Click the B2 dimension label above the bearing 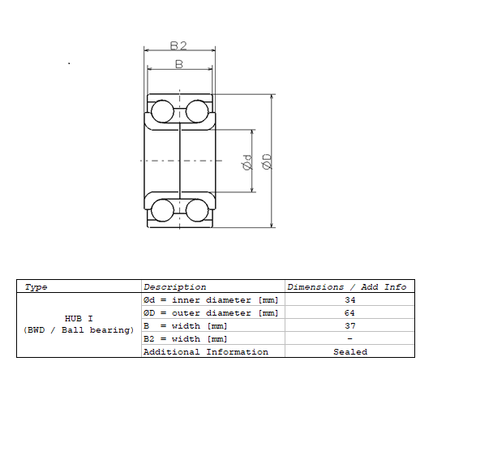(179, 45)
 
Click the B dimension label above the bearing (179, 63)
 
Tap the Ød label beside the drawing (247, 162)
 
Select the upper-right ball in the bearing (197, 111)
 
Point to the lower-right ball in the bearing (197, 210)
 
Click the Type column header (36, 287)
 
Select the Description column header (175, 287)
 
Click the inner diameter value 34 (349, 300)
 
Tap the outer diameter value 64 (349, 313)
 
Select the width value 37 (349, 326)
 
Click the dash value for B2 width (349, 339)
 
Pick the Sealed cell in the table (349, 352)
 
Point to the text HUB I (79, 319)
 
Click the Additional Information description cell (205, 352)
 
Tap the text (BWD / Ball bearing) (79, 330)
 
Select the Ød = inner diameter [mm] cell (211, 300)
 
